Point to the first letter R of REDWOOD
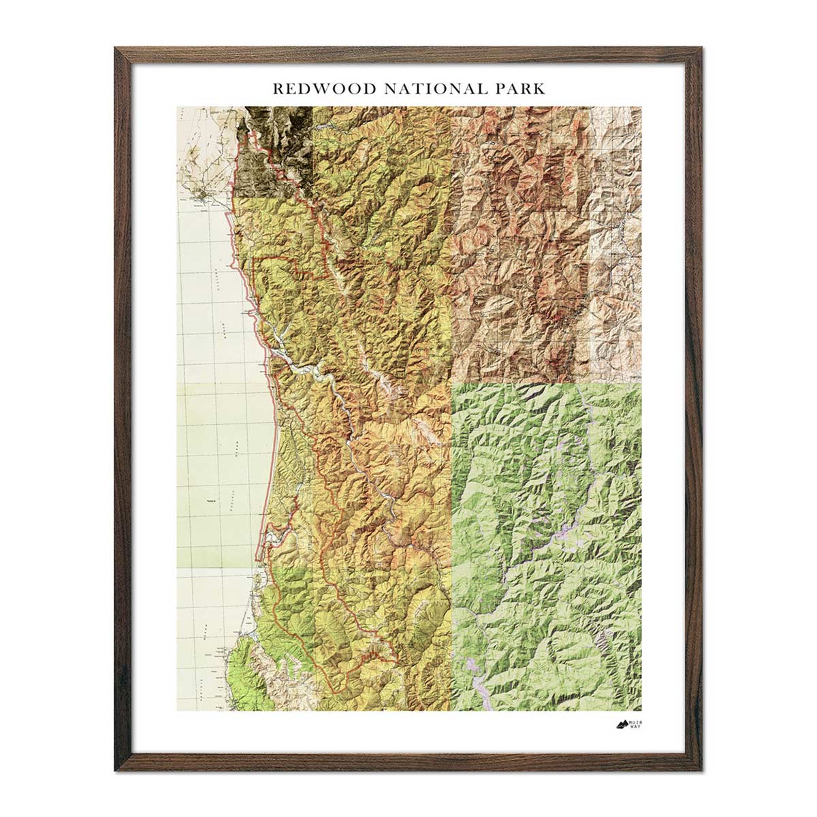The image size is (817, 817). [276, 89]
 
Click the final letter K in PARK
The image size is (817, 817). [541, 89]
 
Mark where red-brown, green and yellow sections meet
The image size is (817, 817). [452, 383]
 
